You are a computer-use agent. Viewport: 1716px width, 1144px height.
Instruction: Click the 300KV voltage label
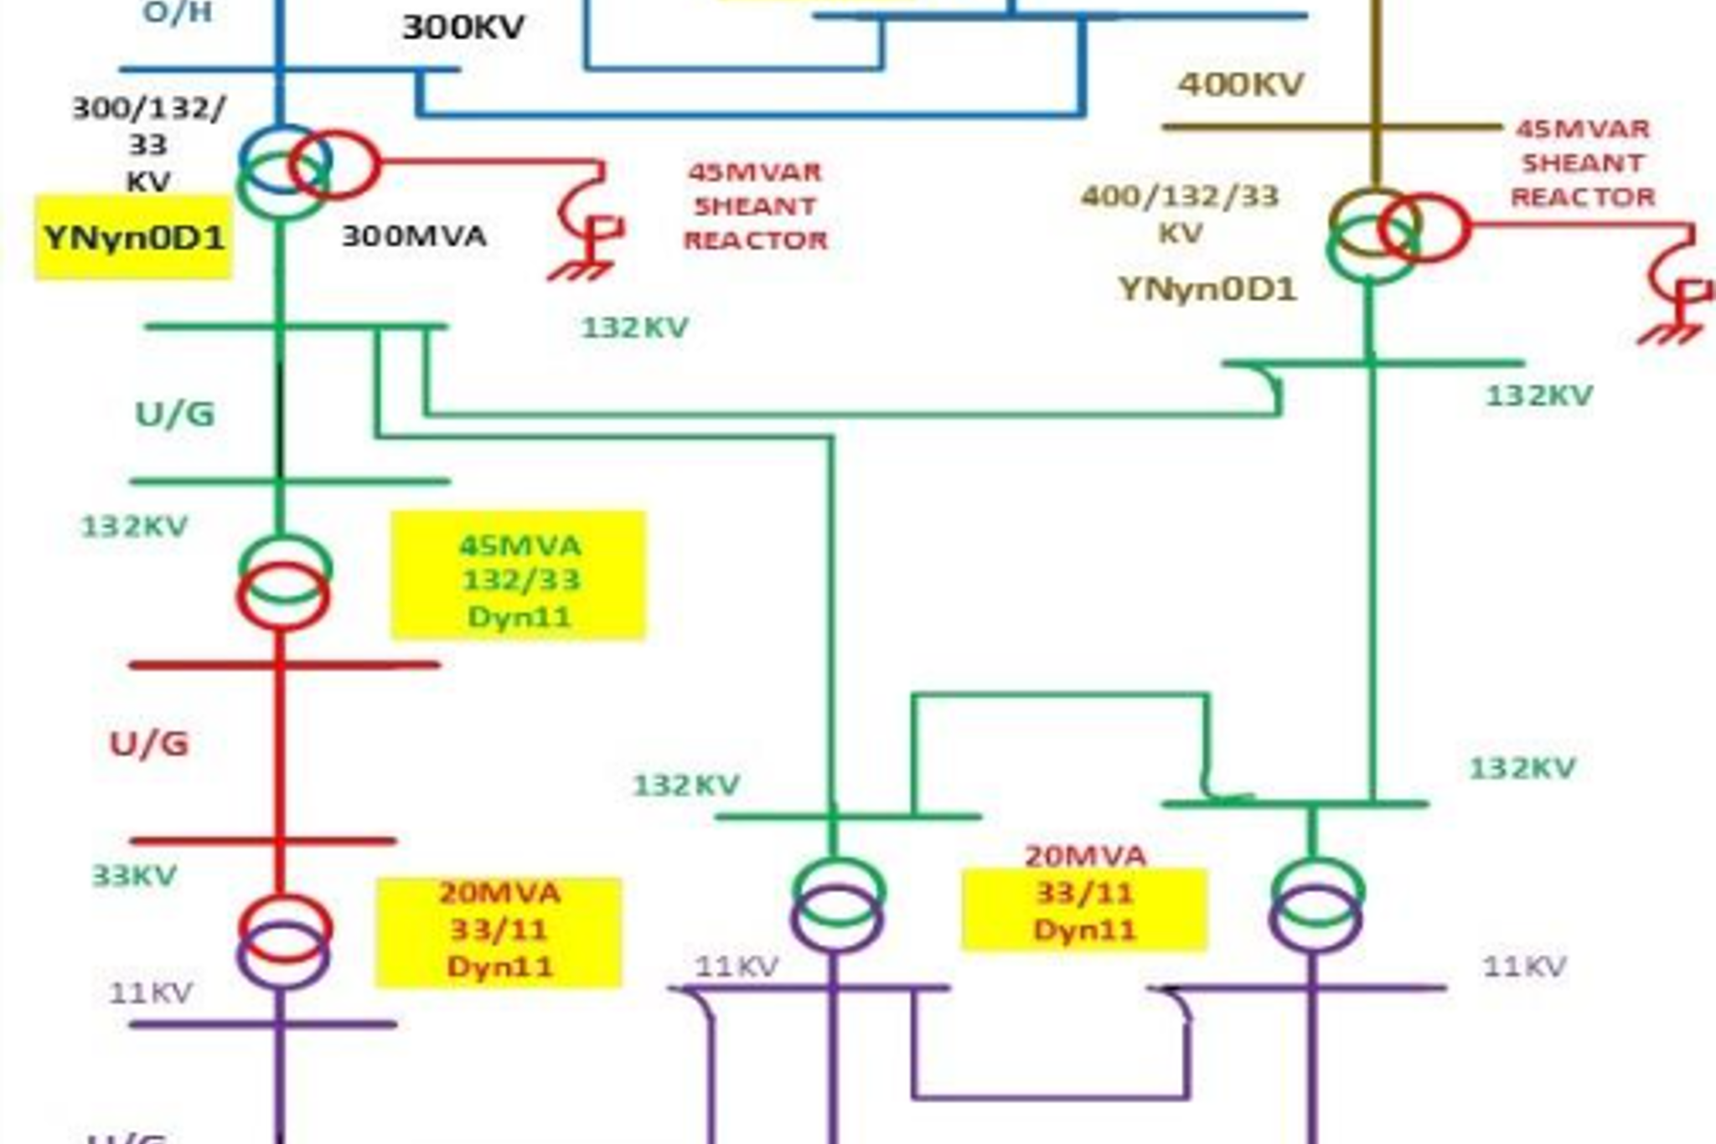463,28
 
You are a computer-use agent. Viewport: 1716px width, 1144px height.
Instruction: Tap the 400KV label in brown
1241,84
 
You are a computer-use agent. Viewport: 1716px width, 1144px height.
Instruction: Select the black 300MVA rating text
414,236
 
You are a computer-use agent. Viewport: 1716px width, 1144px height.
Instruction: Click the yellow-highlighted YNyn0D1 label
134,238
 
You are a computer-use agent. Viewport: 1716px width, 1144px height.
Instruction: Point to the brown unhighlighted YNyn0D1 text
1207,289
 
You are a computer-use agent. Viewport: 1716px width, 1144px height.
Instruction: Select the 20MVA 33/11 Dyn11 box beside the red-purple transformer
499,930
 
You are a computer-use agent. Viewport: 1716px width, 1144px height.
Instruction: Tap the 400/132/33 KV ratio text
1180,214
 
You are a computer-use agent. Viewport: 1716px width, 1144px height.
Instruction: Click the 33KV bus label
134,876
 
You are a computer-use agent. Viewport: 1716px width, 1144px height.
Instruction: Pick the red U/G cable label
149,744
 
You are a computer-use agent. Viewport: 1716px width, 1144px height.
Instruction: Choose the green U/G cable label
175,414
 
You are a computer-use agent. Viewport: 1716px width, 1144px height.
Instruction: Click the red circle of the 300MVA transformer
336,165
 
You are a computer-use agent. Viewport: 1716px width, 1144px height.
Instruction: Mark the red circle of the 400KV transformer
1425,228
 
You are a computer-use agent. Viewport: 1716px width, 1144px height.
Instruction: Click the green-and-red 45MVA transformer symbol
284,582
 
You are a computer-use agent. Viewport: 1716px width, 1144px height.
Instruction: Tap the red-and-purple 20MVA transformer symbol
284,940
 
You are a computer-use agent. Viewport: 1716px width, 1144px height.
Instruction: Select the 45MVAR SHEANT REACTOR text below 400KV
1582,162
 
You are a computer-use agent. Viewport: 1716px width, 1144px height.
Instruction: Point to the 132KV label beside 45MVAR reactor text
635,327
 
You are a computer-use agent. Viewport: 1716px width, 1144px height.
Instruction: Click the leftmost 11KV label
151,993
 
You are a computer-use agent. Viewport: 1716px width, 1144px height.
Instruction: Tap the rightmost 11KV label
1523,967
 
